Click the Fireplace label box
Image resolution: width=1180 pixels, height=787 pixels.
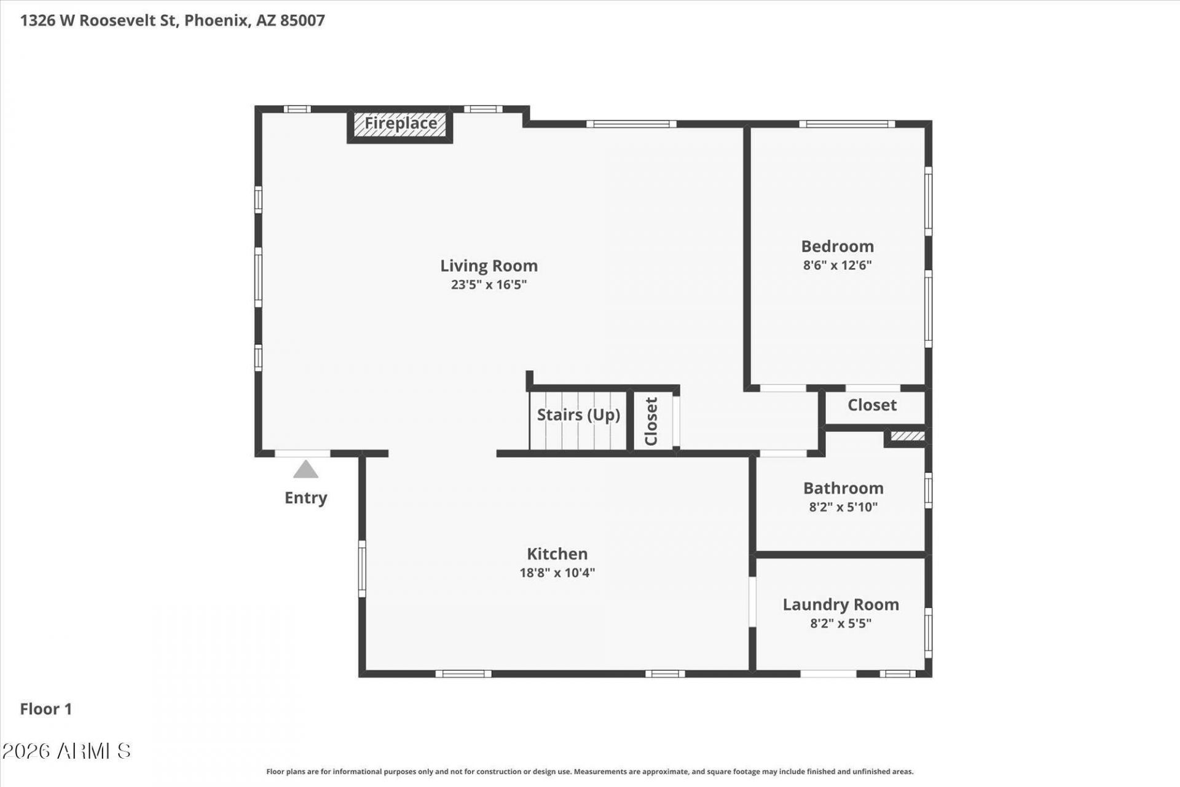[400, 125]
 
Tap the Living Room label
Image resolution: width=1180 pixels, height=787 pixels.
[489, 266]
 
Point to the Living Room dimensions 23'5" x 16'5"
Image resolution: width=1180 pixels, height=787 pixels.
[489, 285]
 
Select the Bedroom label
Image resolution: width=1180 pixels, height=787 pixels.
[837, 246]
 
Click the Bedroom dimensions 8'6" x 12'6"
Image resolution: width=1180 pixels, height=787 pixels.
[837, 265]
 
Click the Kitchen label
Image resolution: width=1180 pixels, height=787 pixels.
[557, 553]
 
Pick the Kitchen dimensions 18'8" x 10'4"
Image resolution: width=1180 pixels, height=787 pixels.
[557, 572]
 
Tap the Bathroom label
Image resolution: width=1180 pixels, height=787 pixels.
[843, 488]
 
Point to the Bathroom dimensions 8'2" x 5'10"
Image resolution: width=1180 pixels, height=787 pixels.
[843, 507]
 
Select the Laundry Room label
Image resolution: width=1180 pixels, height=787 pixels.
[841, 604]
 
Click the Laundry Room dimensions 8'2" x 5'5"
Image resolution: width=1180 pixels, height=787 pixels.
[841, 623]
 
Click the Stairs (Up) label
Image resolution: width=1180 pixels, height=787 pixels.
[578, 415]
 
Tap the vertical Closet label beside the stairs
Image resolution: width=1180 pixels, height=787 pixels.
[651, 421]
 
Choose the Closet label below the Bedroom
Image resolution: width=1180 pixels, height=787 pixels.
[872, 405]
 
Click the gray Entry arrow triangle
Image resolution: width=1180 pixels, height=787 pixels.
[305, 469]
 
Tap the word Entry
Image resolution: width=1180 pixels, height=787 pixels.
[305, 497]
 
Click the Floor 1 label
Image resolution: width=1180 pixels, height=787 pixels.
[46, 709]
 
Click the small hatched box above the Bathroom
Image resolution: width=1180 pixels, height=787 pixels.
[908, 437]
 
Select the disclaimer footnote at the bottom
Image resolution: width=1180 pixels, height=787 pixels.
[589, 772]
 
